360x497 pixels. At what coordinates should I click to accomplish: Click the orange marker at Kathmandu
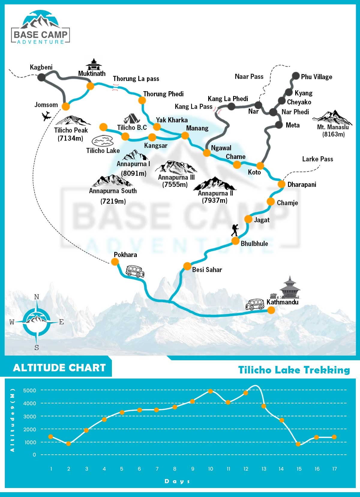(271, 310)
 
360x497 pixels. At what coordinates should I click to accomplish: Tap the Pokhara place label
(125, 255)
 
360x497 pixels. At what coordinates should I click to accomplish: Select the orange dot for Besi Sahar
(187, 266)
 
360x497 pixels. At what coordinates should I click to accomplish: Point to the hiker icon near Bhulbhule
(235, 230)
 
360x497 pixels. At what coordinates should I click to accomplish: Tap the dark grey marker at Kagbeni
(41, 77)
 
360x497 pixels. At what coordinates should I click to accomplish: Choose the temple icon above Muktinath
(94, 64)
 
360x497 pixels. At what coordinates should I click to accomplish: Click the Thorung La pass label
(136, 79)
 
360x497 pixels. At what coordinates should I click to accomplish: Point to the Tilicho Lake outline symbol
(102, 141)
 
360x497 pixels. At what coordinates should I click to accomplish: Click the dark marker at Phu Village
(296, 76)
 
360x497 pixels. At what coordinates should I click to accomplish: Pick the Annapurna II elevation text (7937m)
(214, 200)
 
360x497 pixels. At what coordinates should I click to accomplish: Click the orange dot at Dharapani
(281, 184)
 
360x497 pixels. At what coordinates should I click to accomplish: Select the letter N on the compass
(37, 297)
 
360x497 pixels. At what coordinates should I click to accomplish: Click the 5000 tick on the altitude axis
(30, 391)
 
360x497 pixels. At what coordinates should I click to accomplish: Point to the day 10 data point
(210, 391)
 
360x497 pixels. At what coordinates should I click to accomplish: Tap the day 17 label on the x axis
(334, 469)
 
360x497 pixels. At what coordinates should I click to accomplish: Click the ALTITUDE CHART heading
(59, 368)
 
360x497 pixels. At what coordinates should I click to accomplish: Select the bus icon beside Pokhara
(135, 271)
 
